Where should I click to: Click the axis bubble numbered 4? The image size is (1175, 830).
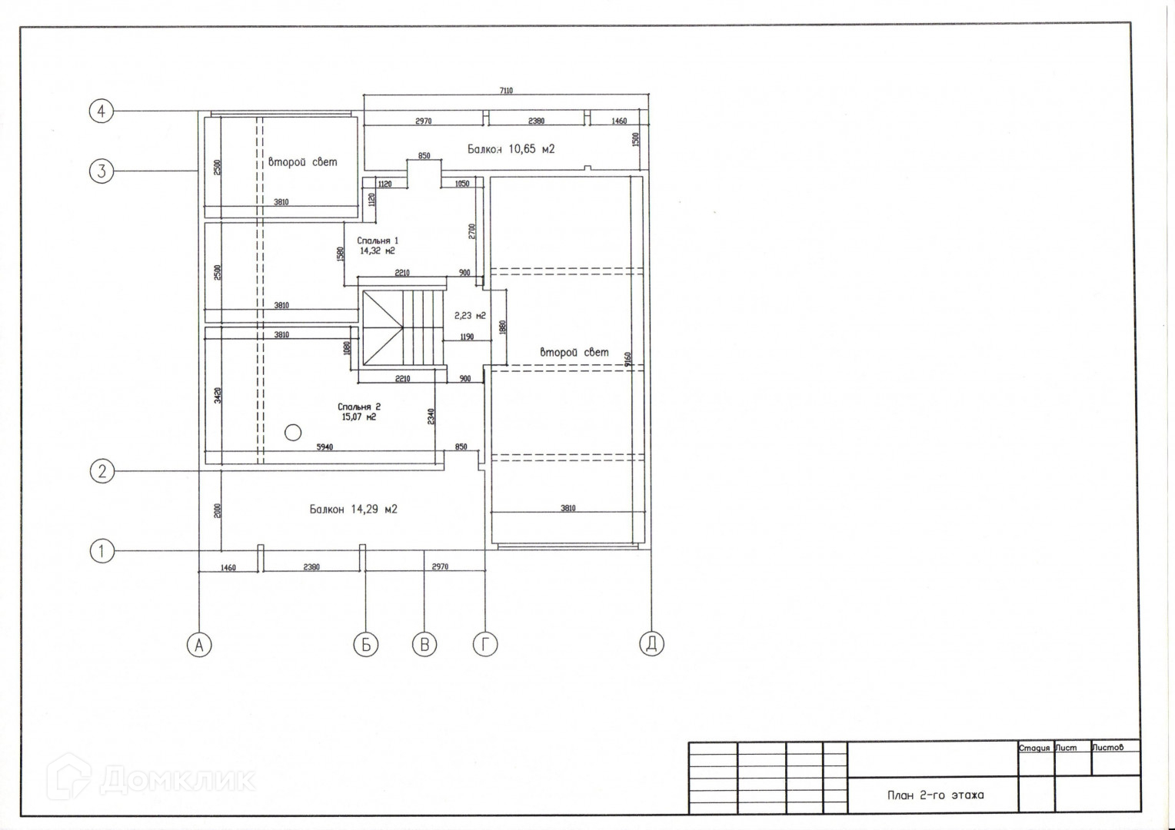(102, 111)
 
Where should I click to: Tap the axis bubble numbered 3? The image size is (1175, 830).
(102, 170)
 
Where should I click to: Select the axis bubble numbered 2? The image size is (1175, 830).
(102, 470)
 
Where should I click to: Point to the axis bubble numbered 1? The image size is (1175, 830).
(102, 550)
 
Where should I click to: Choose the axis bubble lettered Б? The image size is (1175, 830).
(365, 644)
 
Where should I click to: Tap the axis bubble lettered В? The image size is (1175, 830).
(424, 644)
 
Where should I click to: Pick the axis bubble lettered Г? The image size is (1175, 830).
(484, 644)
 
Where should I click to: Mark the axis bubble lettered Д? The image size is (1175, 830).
(651, 644)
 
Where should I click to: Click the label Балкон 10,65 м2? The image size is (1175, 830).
(511, 149)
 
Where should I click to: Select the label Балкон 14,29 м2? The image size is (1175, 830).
(353, 509)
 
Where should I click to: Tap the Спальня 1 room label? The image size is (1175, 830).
(378, 245)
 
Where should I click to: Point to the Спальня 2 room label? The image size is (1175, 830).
(359, 412)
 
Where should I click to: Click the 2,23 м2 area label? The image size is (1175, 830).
(470, 315)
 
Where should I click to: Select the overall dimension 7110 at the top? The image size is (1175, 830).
(505, 91)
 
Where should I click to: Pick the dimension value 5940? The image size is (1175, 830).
(325, 447)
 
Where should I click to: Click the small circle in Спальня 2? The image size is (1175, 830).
(292, 433)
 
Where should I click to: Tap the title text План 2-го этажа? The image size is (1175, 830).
(934, 795)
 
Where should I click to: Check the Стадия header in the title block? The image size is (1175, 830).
(1034, 748)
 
